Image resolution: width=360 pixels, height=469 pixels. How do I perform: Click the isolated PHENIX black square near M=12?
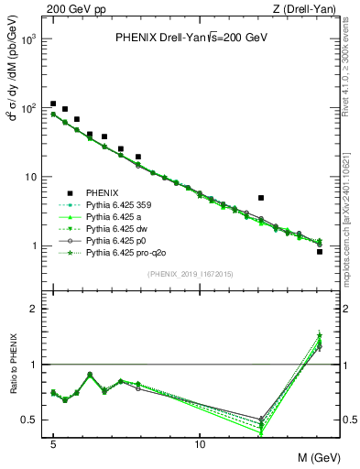click(261, 198)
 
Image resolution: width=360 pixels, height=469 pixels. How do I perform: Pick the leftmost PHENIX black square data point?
click(53, 104)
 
